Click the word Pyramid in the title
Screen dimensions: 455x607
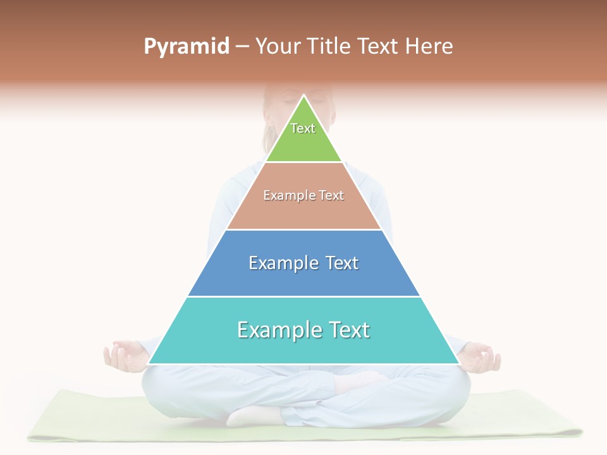click(187, 47)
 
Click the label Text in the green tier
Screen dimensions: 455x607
click(303, 128)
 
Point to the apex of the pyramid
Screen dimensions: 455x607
click(303, 96)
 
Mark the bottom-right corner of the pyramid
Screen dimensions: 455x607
click(458, 363)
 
